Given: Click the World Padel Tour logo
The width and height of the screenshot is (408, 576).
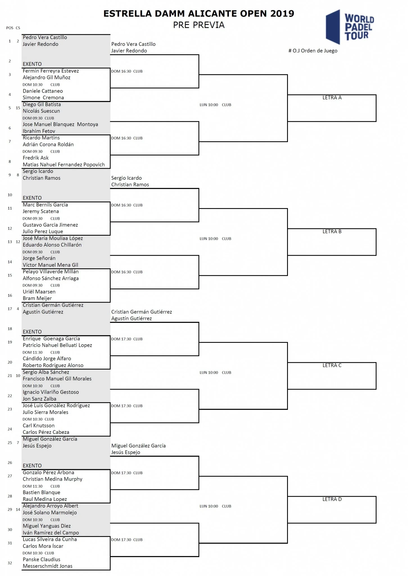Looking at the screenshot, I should click(350, 27).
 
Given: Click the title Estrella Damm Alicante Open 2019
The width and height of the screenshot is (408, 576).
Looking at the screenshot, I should click(199, 13).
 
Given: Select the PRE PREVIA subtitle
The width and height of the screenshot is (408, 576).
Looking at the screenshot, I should click(199, 25).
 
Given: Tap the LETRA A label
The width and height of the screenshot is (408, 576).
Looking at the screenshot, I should click(332, 98).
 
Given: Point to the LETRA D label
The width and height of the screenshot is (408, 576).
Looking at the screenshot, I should click(332, 499).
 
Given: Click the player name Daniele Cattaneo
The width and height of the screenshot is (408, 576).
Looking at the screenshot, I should click(43, 91).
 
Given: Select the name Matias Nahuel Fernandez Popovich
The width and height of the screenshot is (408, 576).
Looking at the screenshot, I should click(64, 165).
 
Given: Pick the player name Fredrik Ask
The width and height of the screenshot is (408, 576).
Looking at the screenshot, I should click(36, 158).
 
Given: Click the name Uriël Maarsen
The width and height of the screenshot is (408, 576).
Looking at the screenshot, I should click(39, 292).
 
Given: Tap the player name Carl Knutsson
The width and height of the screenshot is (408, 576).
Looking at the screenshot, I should click(39, 426).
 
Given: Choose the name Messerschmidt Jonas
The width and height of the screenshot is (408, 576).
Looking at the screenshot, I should click(48, 566).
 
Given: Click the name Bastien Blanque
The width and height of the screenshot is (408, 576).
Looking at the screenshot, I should click(42, 492).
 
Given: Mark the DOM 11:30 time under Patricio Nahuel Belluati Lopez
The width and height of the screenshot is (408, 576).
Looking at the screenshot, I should click(33, 352).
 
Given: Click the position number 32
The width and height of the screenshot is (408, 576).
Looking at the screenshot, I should click(10, 563).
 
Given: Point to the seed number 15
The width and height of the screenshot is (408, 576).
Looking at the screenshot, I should click(18, 108).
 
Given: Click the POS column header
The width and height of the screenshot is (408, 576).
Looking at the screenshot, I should click(10, 28).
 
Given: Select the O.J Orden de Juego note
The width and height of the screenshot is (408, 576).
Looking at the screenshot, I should click(313, 51).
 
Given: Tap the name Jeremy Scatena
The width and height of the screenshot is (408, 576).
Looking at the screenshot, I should click(41, 211).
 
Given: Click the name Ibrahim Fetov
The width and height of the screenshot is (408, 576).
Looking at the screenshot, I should click(39, 131).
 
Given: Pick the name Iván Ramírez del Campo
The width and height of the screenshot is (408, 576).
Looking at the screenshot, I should click(51, 533).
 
